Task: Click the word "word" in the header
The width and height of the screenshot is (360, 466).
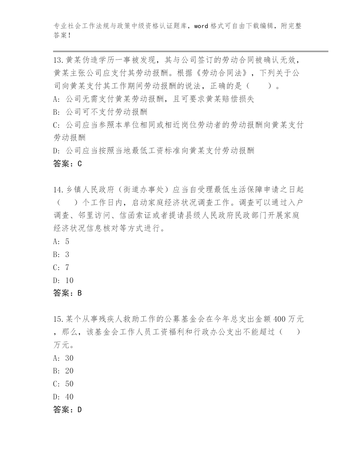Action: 201,26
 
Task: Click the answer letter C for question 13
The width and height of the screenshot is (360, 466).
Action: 79,164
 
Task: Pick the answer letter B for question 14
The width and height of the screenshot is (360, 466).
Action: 79,293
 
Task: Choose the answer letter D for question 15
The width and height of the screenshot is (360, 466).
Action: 79,410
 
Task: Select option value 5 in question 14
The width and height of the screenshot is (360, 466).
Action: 67,241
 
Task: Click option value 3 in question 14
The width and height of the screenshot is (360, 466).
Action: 67,254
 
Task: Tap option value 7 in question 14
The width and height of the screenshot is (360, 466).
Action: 67,267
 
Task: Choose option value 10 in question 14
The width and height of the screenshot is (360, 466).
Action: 69,280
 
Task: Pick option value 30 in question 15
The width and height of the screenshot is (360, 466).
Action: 69,358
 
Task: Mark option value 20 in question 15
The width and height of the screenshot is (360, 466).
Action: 69,371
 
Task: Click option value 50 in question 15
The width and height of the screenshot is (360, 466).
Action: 69,384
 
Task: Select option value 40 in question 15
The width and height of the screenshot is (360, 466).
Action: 69,397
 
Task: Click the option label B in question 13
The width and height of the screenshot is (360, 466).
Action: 55,112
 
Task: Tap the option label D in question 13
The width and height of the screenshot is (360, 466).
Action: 55,151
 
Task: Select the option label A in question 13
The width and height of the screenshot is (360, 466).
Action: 55,99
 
